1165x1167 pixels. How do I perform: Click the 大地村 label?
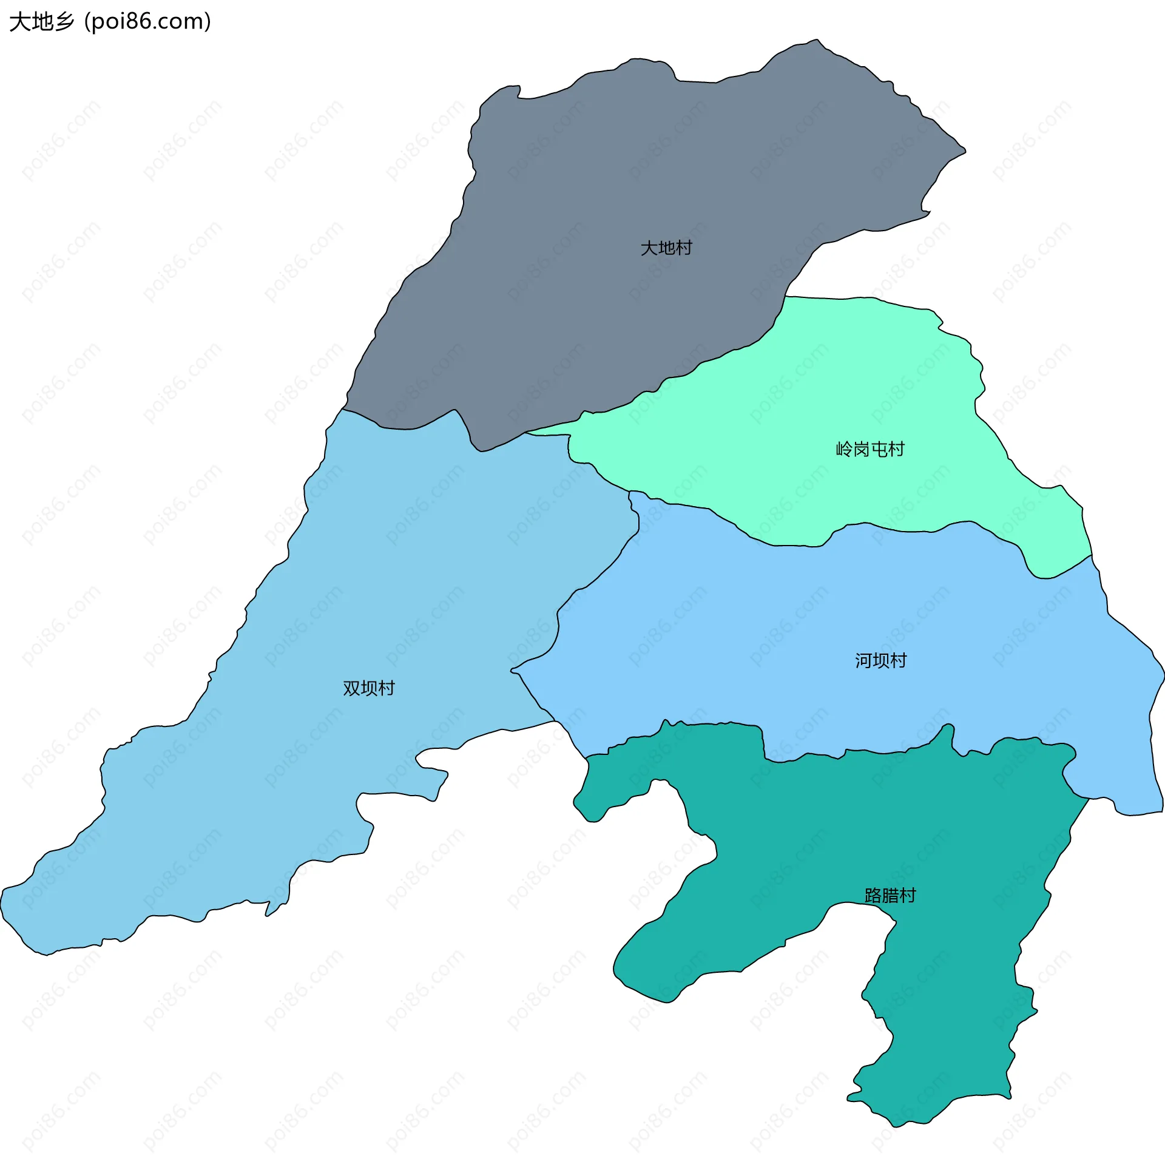[x=666, y=248]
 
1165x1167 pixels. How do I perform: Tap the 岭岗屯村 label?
[x=870, y=449]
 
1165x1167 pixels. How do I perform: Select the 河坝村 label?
[x=880, y=660]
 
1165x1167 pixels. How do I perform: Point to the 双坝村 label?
[x=369, y=688]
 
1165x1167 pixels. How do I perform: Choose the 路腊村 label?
[x=890, y=896]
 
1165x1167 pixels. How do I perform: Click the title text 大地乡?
[x=41, y=22]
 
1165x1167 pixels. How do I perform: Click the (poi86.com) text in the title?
[x=148, y=22]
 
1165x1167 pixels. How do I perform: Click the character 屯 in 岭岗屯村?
[x=879, y=449]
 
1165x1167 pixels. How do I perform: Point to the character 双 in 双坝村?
[x=352, y=688]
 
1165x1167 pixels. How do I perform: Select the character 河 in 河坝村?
[x=863, y=660]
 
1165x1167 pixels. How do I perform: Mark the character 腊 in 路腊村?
[x=890, y=896]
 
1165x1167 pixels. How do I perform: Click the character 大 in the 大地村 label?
[x=649, y=248]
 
